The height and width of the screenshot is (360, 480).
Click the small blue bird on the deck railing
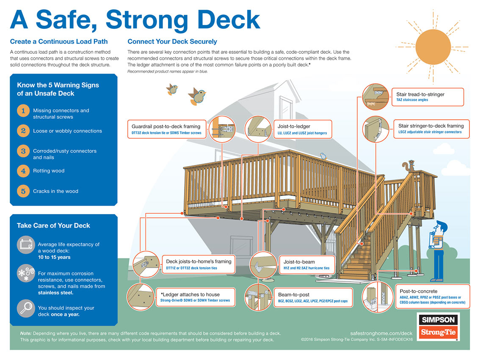(x=324, y=156)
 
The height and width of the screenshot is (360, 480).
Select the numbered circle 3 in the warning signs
(x=24, y=151)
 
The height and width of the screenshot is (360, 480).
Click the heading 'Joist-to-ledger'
(x=294, y=126)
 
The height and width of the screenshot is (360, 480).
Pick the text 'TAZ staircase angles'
(x=412, y=100)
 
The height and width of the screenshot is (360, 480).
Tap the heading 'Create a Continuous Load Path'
(x=59, y=41)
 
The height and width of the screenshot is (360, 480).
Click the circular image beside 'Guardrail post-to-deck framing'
(x=221, y=129)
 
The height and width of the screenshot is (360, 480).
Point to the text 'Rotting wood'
(x=49, y=171)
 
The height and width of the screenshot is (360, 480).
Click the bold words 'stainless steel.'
(x=55, y=293)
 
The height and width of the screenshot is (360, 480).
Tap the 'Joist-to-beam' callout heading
(x=299, y=262)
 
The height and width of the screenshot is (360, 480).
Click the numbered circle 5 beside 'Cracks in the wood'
(x=24, y=191)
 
